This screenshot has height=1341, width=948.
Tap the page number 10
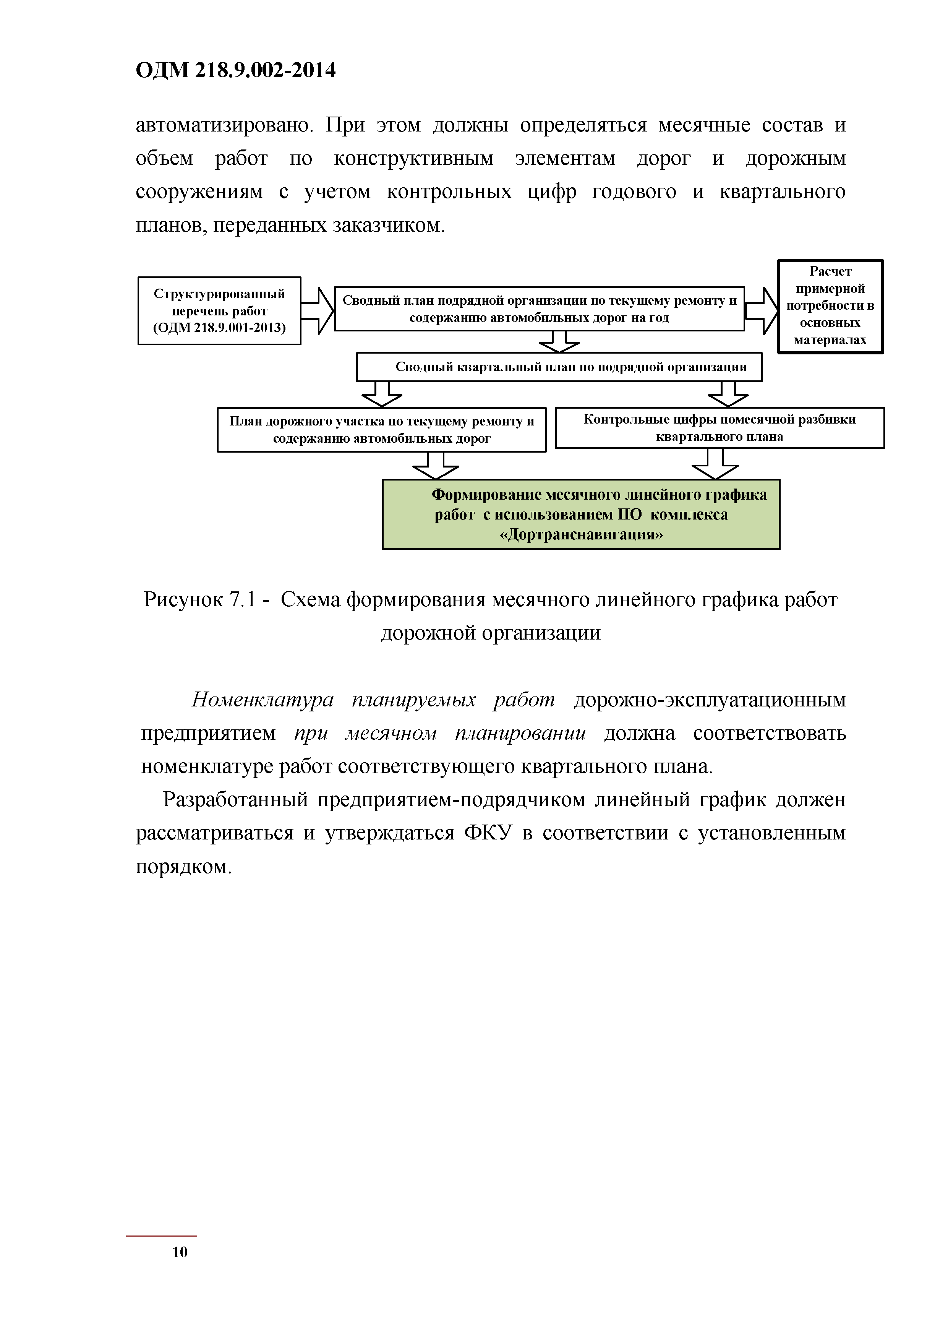coord(180,1252)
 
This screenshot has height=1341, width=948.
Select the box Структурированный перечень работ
coord(219,311)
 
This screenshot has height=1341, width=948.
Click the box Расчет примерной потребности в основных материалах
coord(830,306)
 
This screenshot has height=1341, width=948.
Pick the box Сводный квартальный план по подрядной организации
coord(559,367)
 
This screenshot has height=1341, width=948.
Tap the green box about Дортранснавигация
coord(581,514)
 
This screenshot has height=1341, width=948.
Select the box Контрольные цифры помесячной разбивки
coord(719,427)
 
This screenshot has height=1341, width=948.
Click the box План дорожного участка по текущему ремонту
coord(381,429)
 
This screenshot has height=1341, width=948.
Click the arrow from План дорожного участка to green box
coord(436,466)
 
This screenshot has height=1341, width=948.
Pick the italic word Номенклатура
coord(263,700)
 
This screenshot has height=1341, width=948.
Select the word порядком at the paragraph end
coord(183,866)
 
